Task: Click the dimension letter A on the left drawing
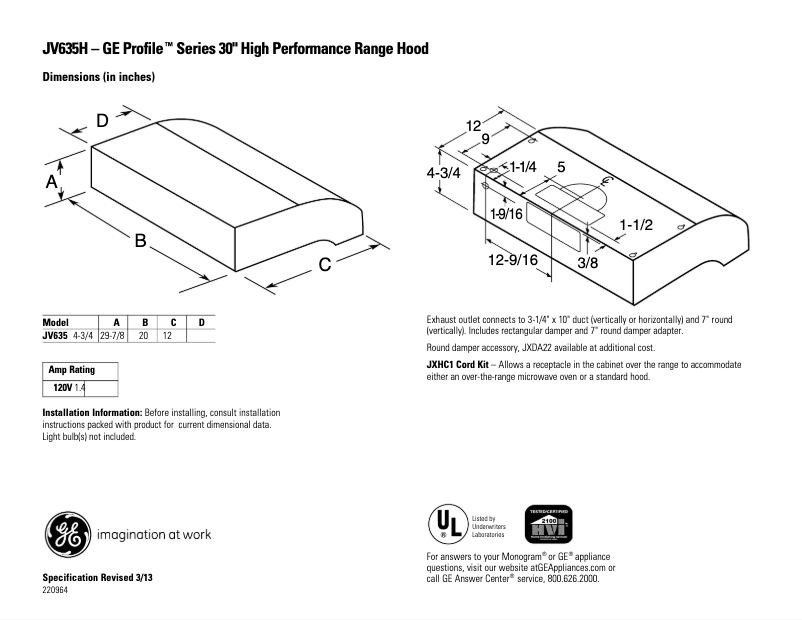coord(51,181)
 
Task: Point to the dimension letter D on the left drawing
coord(102,121)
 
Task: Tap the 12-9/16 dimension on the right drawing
coord(515,260)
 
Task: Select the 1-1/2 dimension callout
coord(635,225)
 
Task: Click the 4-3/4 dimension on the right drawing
coord(443,172)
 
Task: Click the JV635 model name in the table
coord(54,336)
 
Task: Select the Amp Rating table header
coord(71,370)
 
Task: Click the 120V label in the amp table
coord(63,386)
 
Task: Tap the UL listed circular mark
coord(446,523)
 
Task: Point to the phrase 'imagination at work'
coord(153,534)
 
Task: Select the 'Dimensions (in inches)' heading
coord(98,77)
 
